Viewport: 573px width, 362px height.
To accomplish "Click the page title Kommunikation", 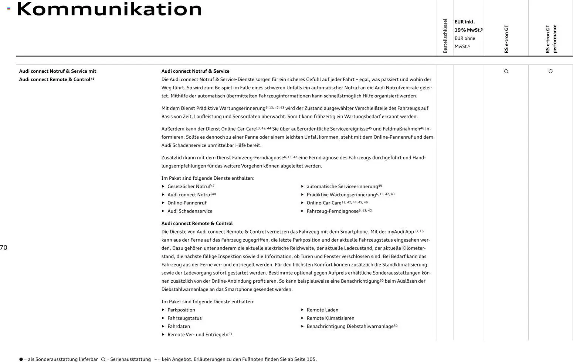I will click(109, 9).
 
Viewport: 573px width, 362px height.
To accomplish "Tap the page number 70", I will click(4, 248).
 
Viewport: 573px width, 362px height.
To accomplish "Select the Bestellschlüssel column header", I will click(445, 36).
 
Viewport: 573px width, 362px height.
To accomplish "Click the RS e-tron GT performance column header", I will click(551, 39).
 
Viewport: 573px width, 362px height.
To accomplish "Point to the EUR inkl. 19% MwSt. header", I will click(468, 26).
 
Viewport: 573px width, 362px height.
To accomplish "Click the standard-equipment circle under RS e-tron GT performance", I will click(550, 71).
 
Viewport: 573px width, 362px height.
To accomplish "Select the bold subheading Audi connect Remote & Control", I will click(197, 223).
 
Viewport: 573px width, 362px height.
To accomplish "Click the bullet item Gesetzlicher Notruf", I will click(189, 186).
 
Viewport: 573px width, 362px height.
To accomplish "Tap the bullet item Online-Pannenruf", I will click(187, 203).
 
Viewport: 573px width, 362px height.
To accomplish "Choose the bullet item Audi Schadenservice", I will click(190, 211).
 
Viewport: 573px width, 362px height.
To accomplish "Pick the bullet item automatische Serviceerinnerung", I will click(342, 186).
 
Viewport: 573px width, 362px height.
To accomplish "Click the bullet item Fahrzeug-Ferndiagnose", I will click(332, 211).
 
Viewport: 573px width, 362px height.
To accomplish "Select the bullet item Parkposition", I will click(181, 310).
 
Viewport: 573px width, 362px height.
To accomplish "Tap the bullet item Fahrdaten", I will click(179, 326).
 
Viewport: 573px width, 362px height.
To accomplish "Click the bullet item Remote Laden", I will click(322, 310).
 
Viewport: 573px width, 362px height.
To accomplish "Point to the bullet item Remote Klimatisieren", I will click(330, 318).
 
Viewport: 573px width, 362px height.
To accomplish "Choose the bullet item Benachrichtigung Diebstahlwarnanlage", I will click(350, 326).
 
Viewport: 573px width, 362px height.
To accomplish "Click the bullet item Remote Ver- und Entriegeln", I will click(197, 335).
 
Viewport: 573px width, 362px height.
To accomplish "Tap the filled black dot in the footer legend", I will click(21, 359).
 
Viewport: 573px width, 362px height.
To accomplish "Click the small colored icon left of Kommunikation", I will click(9, 9).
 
